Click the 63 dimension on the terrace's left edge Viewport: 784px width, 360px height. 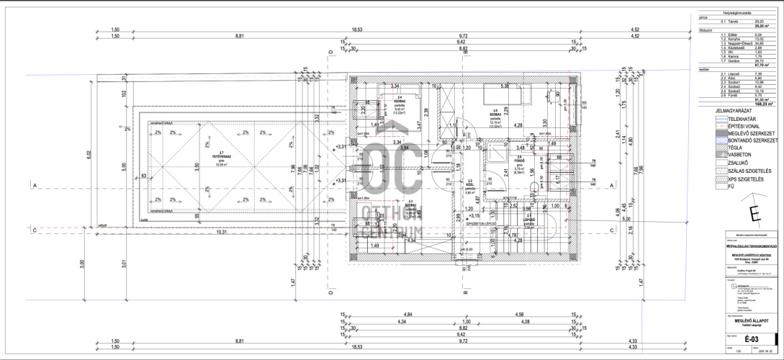144,175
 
